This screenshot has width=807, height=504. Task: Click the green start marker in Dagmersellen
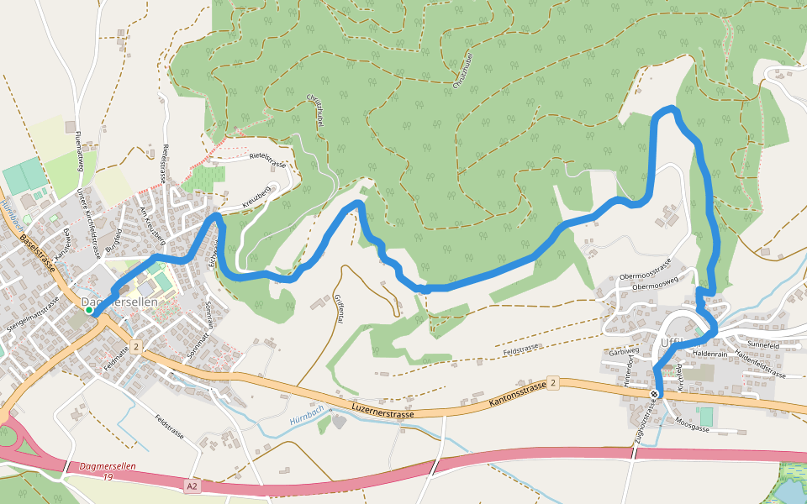click(x=89, y=311)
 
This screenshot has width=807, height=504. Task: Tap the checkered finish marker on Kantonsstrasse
click(x=655, y=393)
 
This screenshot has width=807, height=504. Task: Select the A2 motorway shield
click(x=193, y=485)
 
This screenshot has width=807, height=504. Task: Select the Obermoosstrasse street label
click(x=645, y=268)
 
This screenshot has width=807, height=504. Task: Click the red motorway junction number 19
click(x=108, y=477)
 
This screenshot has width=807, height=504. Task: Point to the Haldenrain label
click(x=708, y=354)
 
